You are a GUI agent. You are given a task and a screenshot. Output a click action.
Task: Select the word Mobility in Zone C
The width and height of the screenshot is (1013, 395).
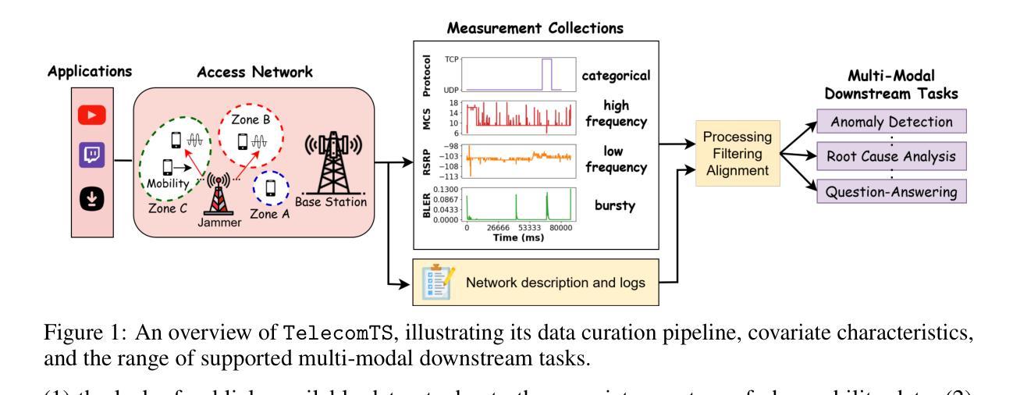(171, 185)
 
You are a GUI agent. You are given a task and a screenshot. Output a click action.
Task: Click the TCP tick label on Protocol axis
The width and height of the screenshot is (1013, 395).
(451, 59)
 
